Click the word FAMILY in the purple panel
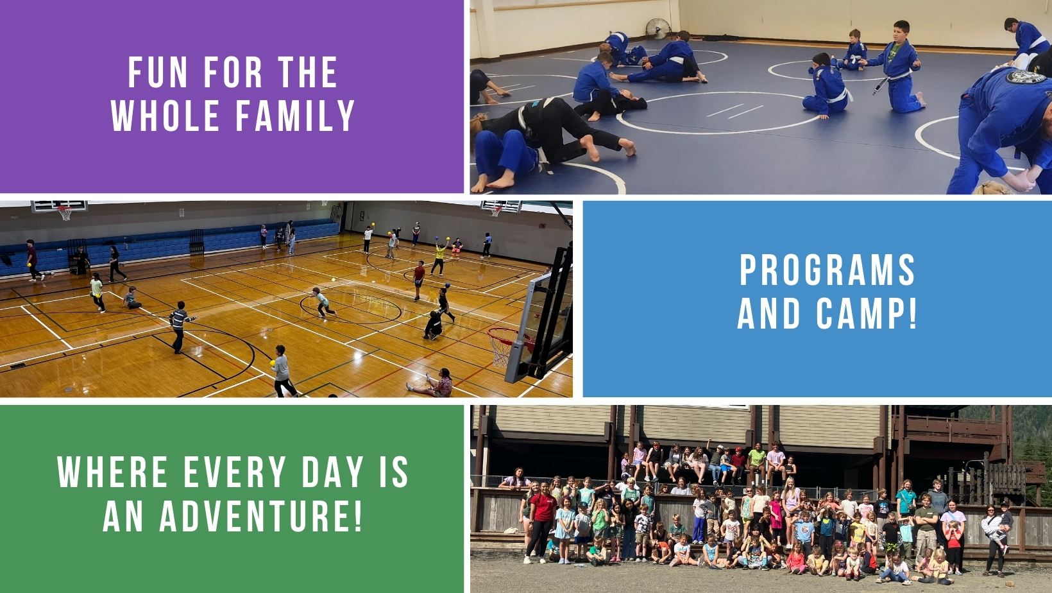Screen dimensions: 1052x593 (x=295, y=115)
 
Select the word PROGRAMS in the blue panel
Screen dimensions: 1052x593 (x=827, y=270)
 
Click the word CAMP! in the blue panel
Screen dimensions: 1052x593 (x=866, y=313)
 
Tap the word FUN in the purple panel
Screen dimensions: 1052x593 (x=158, y=73)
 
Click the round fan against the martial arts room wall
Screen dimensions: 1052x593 (x=657, y=29)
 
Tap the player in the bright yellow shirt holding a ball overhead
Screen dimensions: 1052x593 (x=439, y=257)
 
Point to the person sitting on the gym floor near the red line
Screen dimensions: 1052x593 (x=432, y=383)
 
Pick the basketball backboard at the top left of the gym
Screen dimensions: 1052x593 (x=59, y=206)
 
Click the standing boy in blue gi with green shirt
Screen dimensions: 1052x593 (x=897, y=67)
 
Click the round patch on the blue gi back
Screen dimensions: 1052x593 (x=1026, y=76)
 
